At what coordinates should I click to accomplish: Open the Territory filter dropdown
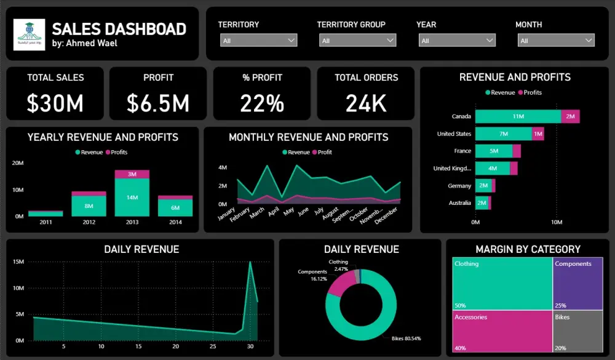(x=258, y=41)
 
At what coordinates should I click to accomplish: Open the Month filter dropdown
(x=555, y=41)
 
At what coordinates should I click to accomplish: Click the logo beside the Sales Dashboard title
(x=30, y=34)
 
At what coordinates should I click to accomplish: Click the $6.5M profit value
(x=158, y=103)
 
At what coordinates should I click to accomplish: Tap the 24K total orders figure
(x=366, y=103)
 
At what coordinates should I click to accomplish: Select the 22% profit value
(x=262, y=103)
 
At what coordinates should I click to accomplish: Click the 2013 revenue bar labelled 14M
(x=132, y=198)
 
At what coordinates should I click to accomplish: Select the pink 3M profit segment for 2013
(x=132, y=174)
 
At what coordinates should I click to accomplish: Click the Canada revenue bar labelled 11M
(x=518, y=116)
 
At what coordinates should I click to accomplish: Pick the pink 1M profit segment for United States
(x=538, y=134)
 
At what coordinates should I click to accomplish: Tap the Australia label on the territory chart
(x=459, y=203)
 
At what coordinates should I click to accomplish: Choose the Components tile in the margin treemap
(x=577, y=283)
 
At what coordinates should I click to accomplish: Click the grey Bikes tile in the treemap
(x=577, y=332)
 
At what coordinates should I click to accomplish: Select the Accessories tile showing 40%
(x=501, y=332)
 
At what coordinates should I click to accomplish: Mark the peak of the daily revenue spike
(x=250, y=262)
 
